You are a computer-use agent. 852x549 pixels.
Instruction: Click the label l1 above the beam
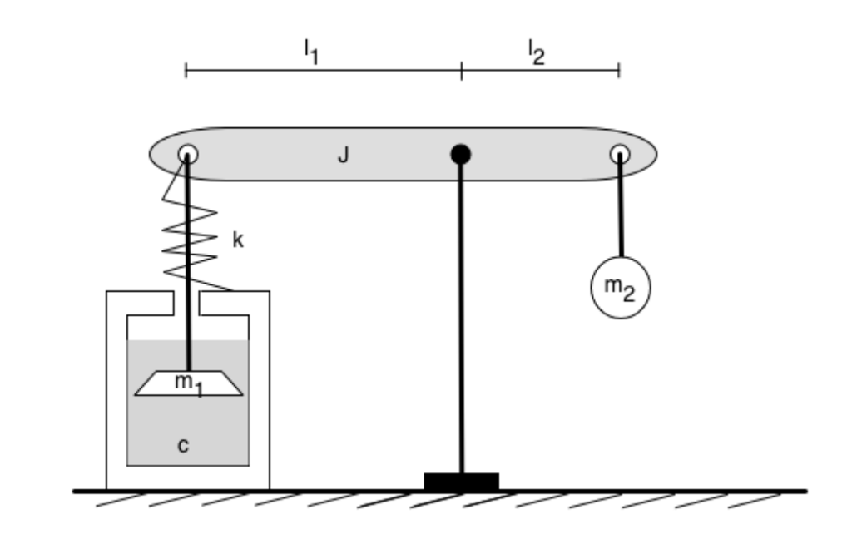pyautogui.click(x=310, y=52)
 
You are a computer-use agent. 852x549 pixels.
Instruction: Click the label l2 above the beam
pyautogui.click(x=536, y=52)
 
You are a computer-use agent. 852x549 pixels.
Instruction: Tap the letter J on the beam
pyautogui.click(x=342, y=155)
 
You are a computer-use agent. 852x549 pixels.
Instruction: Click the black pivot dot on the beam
pyautogui.click(x=461, y=154)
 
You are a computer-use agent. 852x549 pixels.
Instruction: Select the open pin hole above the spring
pyautogui.click(x=187, y=154)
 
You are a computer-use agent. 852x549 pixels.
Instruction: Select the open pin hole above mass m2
pyautogui.click(x=619, y=154)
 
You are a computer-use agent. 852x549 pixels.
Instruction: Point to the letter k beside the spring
pyautogui.click(x=238, y=240)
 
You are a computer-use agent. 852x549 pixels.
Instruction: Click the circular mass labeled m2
pyautogui.click(x=620, y=287)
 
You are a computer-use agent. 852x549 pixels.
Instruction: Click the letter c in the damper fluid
pyautogui.click(x=184, y=445)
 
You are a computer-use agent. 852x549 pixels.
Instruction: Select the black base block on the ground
pyautogui.click(x=461, y=482)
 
